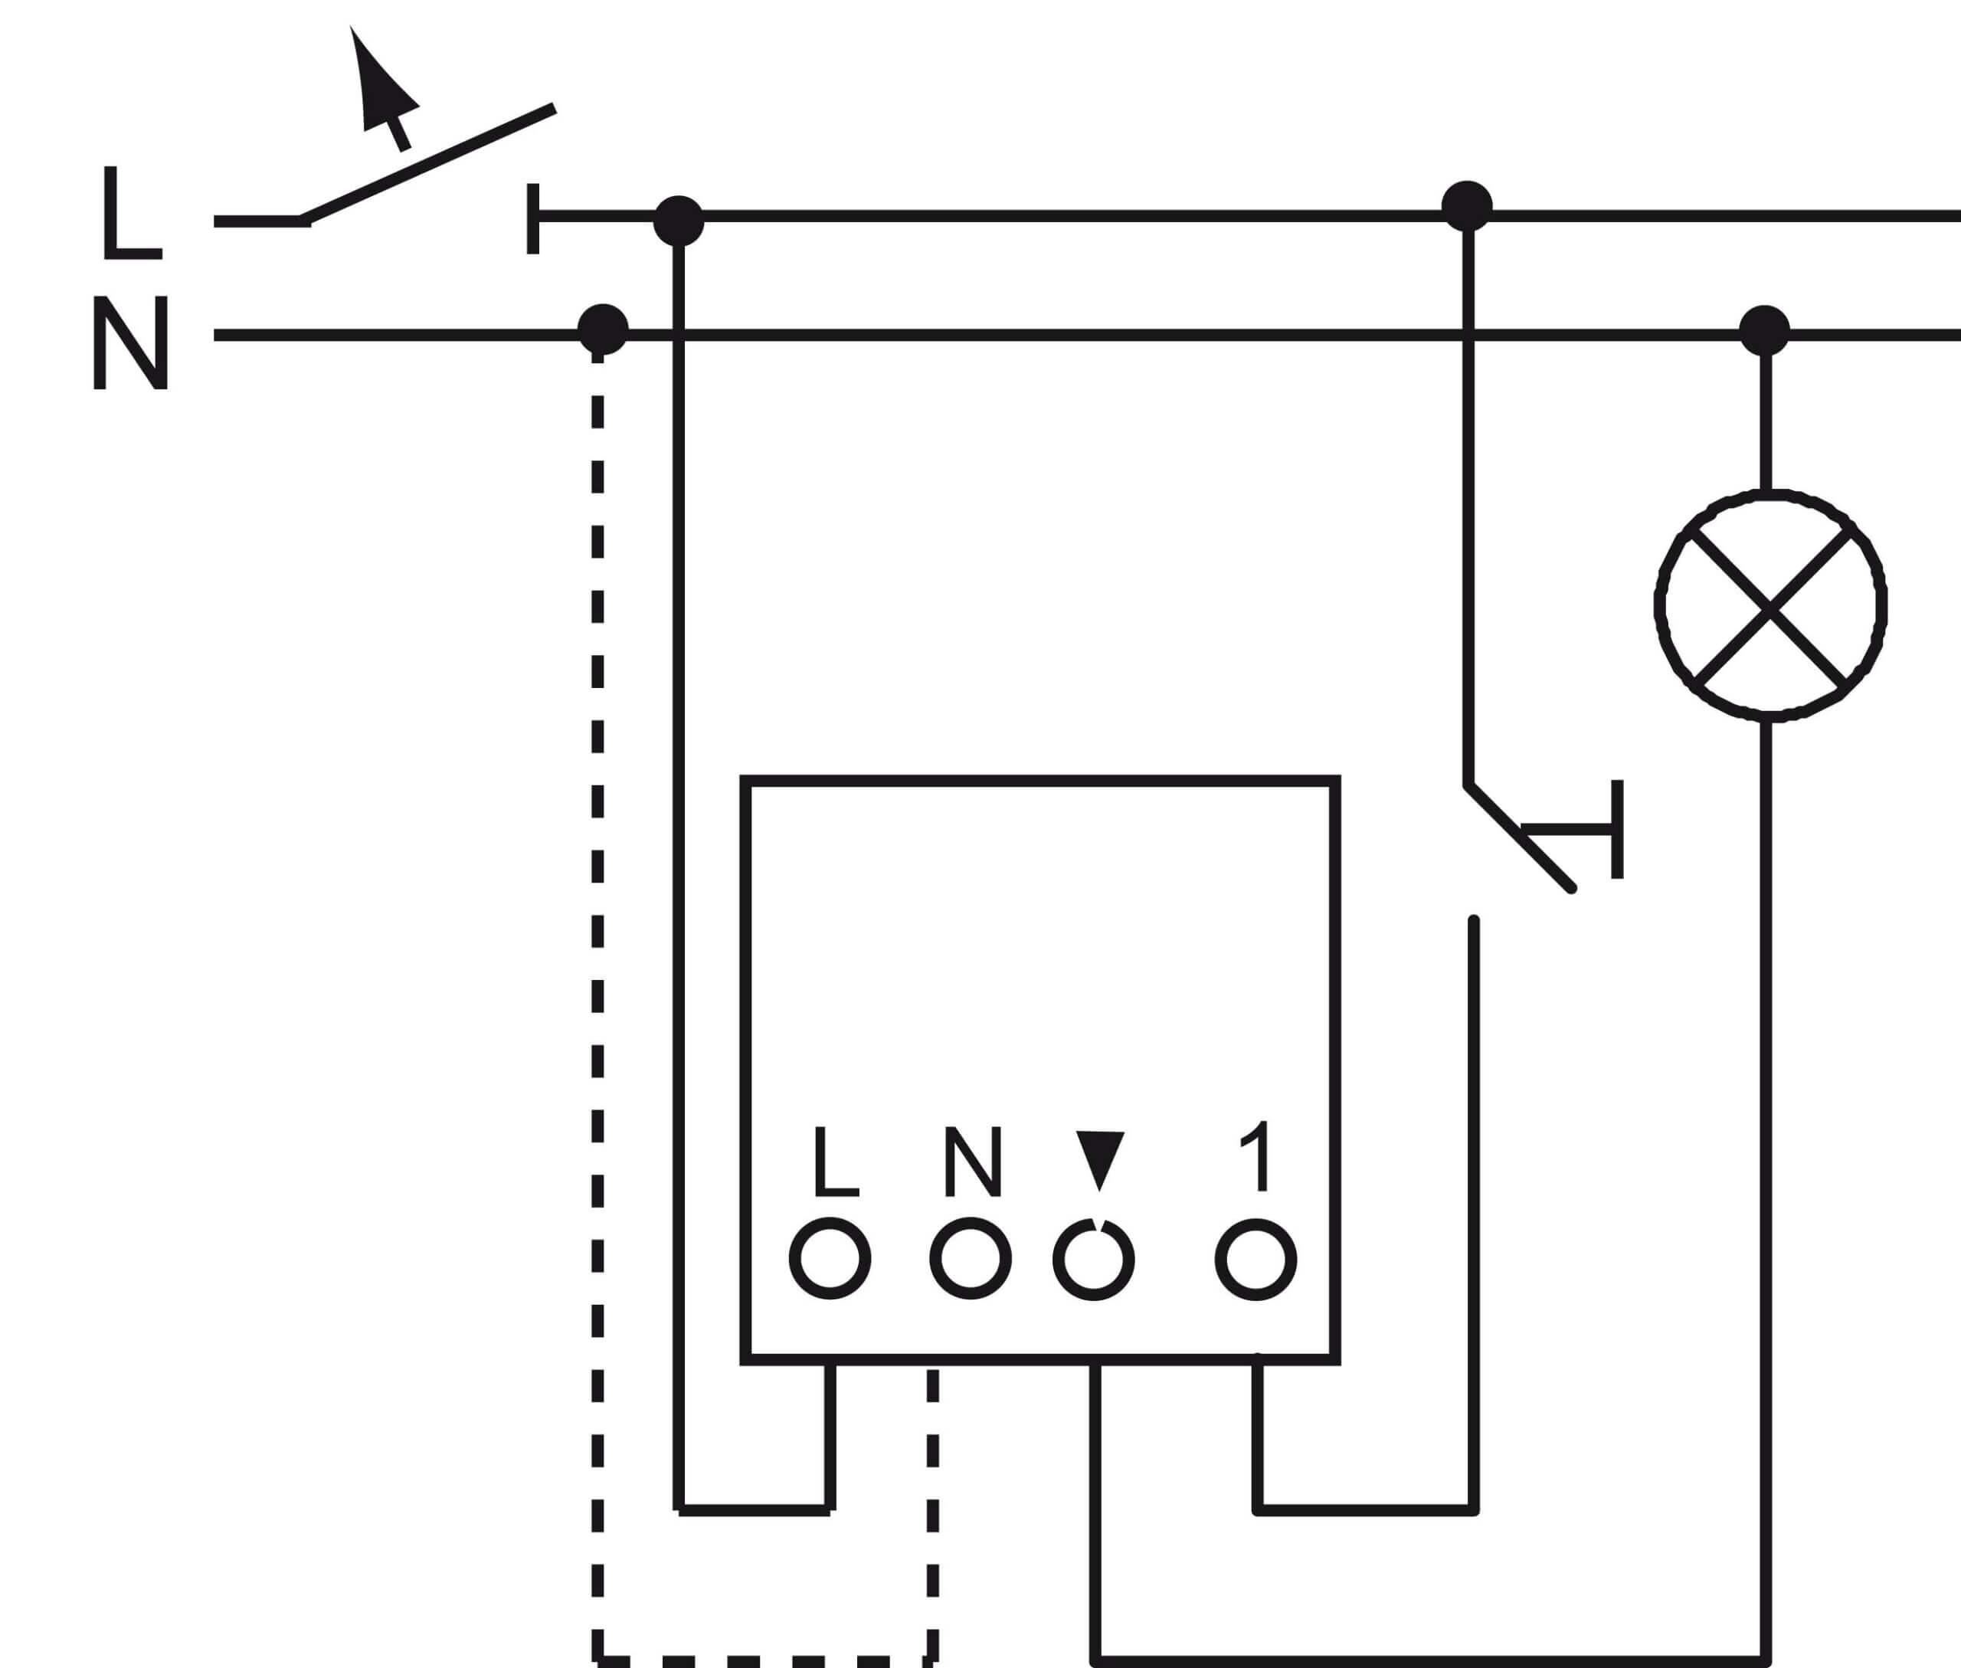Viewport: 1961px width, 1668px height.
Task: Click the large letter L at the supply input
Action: [133, 213]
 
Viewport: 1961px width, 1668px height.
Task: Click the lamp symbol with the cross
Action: [1770, 605]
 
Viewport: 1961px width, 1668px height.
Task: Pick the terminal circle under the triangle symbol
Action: [1093, 1259]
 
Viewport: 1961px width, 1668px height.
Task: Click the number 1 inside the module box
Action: [1255, 1156]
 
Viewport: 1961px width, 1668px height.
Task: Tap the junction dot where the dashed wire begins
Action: [602, 329]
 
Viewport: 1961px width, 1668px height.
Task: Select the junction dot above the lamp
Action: [1764, 331]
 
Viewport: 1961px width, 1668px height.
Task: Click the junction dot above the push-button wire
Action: [1466, 206]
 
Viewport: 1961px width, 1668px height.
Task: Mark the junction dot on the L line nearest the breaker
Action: [679, 221]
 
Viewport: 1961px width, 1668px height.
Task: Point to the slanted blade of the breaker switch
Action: [427, 165]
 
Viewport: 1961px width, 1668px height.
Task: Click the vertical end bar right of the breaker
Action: [533, 218]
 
